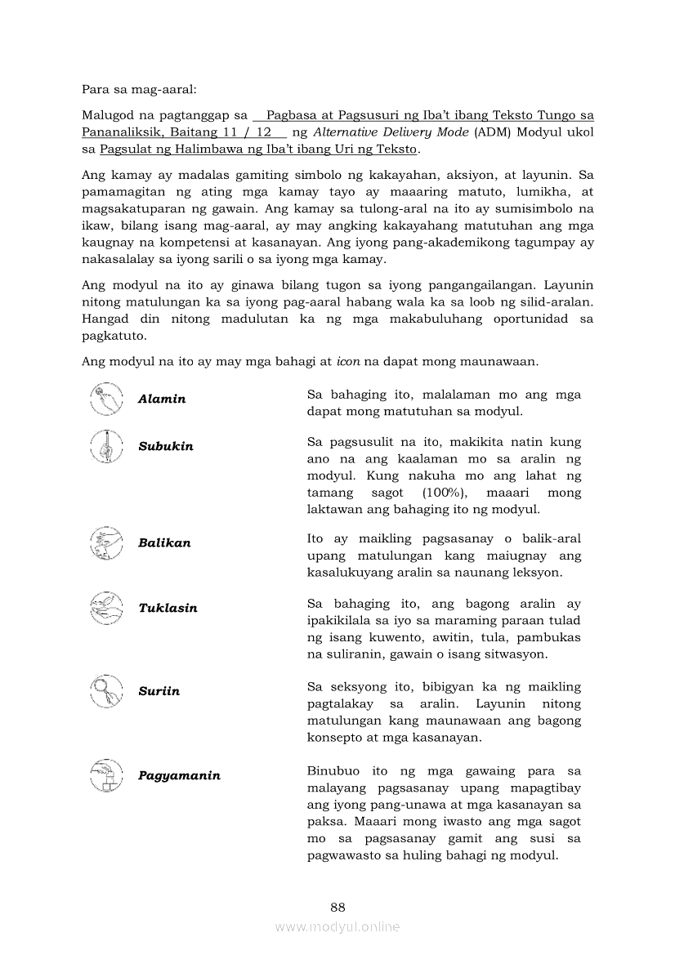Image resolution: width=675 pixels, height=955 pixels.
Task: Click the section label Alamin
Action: (x=162, y=399)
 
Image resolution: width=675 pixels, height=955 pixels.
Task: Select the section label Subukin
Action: (x=166, y=447)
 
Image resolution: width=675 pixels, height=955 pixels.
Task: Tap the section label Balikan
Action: (x=164, y=543)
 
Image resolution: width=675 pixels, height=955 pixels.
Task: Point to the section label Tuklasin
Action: (x=168, y=609)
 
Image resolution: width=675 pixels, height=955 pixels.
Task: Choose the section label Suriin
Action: (x=159, y=691)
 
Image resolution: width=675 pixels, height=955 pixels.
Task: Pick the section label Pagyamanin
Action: (x=179, y=776)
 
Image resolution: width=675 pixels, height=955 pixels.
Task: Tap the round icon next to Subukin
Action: (x=106, y=445)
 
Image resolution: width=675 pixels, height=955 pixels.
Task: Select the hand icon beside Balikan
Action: (x=106, y=542)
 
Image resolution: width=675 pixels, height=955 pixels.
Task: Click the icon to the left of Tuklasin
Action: (x=106, y=608)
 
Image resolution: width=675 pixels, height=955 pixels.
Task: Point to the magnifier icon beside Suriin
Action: (x=106, y=690)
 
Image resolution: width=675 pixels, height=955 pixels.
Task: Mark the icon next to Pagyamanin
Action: (x=106, y=775)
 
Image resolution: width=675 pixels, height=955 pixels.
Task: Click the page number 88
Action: (x=337, y=907)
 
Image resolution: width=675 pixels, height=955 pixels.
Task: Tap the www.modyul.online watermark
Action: (x=337, y=926)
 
